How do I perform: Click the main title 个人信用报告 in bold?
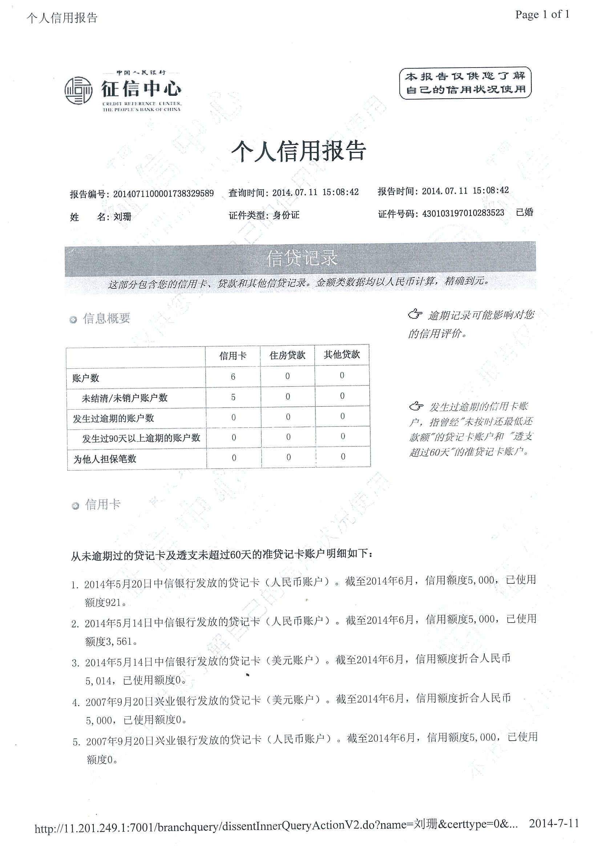(298, 151)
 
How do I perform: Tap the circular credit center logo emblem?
(78, 90)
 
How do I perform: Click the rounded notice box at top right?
(465, 82)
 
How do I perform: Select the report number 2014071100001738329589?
(163, 194)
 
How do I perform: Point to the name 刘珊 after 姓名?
(122, 216)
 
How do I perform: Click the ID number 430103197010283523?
(463, 213)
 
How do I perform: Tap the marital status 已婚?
(524, 212)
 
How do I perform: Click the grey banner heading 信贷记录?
(302, 258)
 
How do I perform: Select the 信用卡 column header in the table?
(233, 356)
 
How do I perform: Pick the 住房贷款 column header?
(287, 355)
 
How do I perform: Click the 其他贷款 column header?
(342, 355)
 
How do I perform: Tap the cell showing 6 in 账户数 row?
(233, 377)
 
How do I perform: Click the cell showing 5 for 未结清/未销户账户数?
(233, 397)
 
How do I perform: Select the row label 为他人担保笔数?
(105, 459)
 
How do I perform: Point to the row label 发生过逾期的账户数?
(113, 418)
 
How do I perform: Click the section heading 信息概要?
(107, 318)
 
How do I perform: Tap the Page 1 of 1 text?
(542, 15)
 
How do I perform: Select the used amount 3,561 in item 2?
(119, 641)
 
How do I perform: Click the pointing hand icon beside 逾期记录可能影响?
(415, 315)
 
